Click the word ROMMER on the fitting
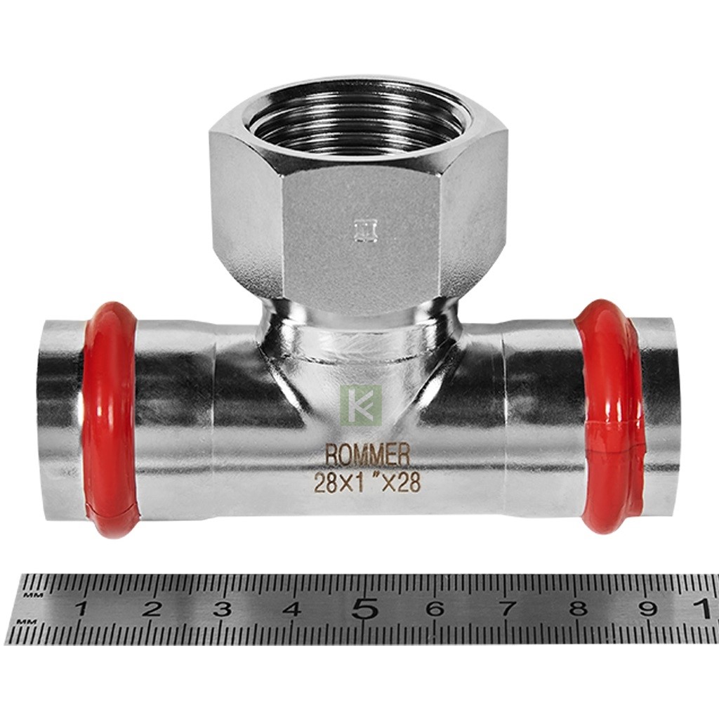tap(367, 455)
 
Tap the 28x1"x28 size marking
tap(367, 483)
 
